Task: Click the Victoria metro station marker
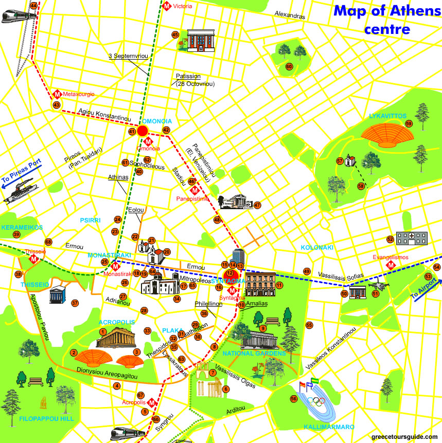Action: [x=167, y=6]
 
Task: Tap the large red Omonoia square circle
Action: [x=143, y=131]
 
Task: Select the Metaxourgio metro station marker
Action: [x=58, y=95]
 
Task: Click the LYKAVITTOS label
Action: [x=387, y=116]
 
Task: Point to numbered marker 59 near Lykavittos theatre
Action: [x=409, y=124]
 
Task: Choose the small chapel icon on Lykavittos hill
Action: [x=350, y=161]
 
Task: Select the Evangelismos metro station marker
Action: [x=392, y=265]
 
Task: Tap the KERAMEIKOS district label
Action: [x=21, y=227]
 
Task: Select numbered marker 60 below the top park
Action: [x=289, y=66]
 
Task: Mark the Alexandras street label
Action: [x=290, y=15]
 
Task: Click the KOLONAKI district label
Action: [x=317, y=247]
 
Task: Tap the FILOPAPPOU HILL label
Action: [x=46, y=419]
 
